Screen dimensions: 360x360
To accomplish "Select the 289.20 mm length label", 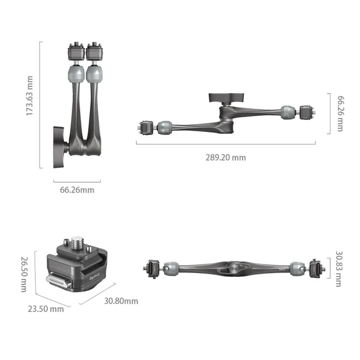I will coord(225,157).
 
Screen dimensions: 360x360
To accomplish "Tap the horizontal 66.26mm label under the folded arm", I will coord(77,190).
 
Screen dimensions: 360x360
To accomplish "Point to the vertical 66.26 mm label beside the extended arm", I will coord(340,113).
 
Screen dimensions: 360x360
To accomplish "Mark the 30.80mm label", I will coord(120,300).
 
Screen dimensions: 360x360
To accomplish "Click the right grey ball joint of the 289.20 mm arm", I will coord(288,112).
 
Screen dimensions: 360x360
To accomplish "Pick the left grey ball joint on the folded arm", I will coord(76,75).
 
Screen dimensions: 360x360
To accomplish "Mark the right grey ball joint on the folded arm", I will coord(94,75).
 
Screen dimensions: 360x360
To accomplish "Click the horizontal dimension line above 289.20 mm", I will coord(225,144).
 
